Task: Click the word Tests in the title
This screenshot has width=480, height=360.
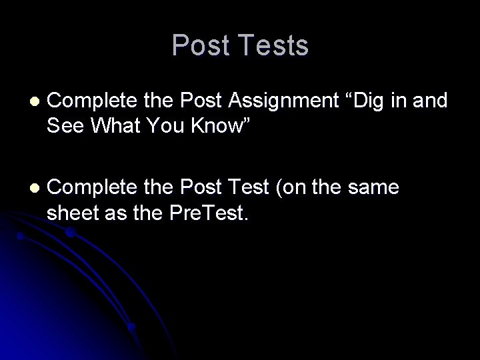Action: pos(273,46)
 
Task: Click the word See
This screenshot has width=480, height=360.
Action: pos(65,124)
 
